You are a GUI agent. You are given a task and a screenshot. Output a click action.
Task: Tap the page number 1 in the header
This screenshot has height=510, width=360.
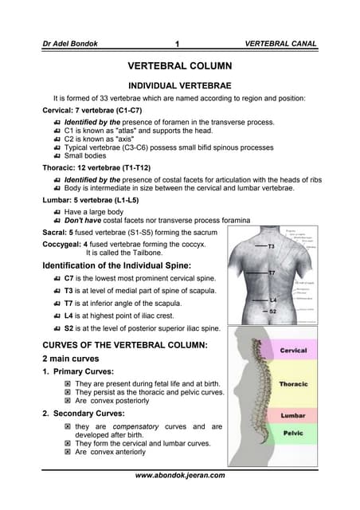[179, 44]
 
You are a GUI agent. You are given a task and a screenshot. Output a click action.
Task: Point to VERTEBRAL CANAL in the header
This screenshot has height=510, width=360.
[281, 44]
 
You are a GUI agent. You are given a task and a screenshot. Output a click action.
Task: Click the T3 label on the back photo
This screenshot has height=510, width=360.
[271, 246]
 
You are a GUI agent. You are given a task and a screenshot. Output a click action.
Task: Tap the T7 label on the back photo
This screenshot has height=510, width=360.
[272, 273]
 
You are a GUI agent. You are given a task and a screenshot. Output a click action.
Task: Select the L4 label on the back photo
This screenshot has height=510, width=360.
[272, 300]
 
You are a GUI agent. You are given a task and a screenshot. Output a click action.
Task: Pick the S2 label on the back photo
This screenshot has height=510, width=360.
[272, 311]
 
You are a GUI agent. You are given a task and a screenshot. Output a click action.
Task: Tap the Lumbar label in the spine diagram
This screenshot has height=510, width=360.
[293, 416]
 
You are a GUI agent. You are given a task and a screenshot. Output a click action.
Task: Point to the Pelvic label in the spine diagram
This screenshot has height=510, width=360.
[293, 433]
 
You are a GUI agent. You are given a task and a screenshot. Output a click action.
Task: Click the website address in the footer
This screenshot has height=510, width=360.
[180, 475]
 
